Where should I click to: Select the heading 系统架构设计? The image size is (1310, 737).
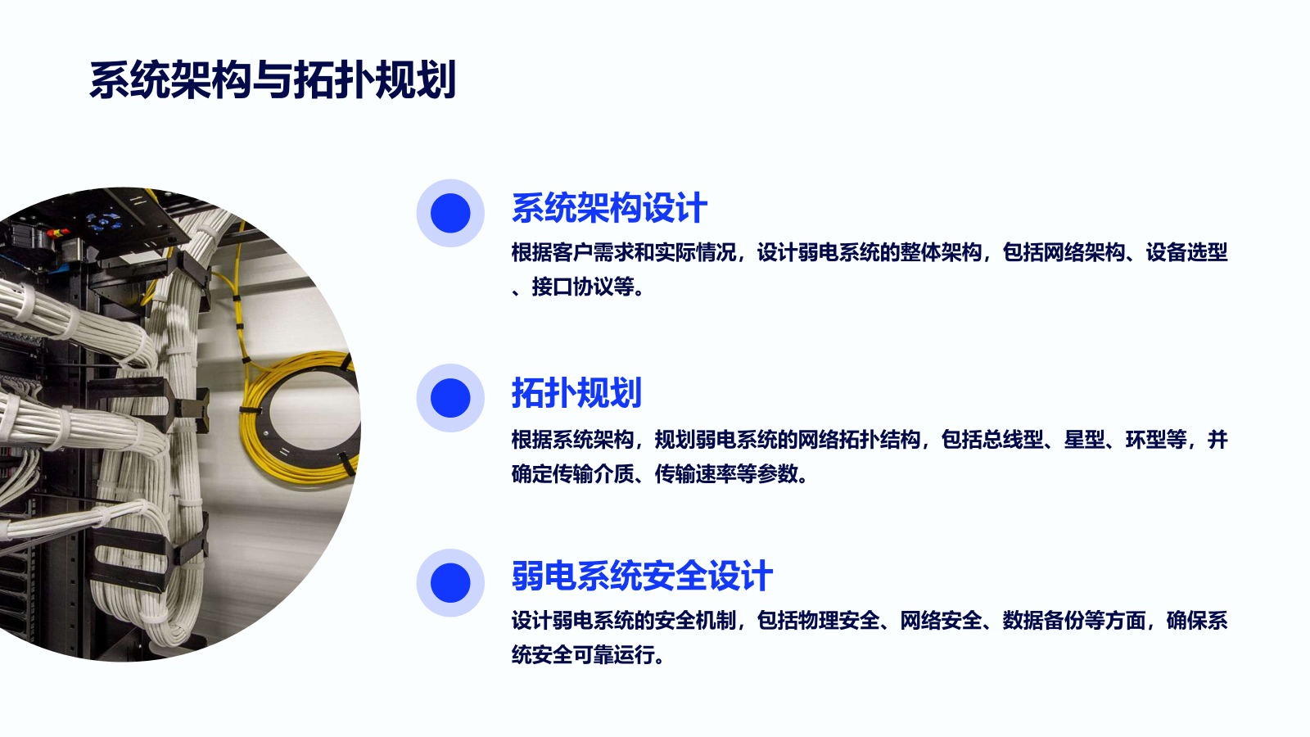tap(609, 208)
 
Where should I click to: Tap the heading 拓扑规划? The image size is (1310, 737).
tap(576, 392)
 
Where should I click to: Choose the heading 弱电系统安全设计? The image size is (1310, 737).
tap(642, 576)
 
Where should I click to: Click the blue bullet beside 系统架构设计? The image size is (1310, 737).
tap(450, 213)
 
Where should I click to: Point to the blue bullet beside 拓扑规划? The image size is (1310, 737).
tap(450, 398)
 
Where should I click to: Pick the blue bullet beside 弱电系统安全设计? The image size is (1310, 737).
tap(450, 582)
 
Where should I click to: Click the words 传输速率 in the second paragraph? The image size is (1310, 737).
tap(696, 474)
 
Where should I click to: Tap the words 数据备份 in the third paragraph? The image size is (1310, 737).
tap(1044, 621)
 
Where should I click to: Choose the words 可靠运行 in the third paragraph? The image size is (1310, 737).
tap(614, 655)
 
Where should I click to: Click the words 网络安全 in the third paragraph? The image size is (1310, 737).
tap(941, 621)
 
